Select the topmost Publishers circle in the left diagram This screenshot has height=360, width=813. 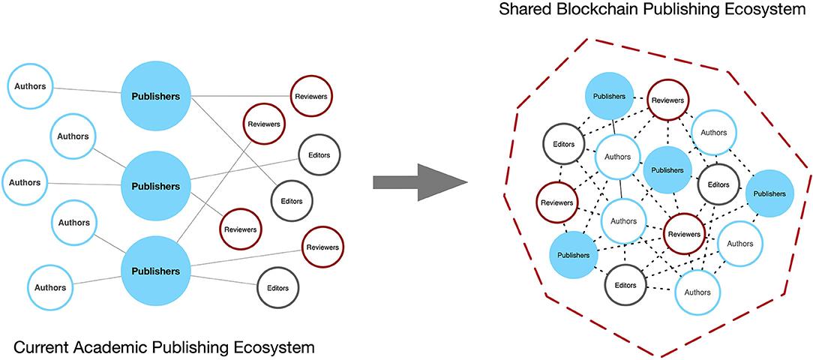point(156,96)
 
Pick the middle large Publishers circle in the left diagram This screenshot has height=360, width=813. point(156,185)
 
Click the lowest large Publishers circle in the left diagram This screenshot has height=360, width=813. point(156,271)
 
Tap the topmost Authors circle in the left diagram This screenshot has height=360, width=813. point(29,86)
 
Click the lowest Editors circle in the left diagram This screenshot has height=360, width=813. point(277,286)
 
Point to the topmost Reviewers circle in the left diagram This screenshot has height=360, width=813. point(310,97)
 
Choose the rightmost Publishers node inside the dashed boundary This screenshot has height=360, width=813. point(769,193)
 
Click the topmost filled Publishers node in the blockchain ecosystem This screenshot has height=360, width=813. point(609,97)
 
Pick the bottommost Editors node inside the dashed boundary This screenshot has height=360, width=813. point(625,285)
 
